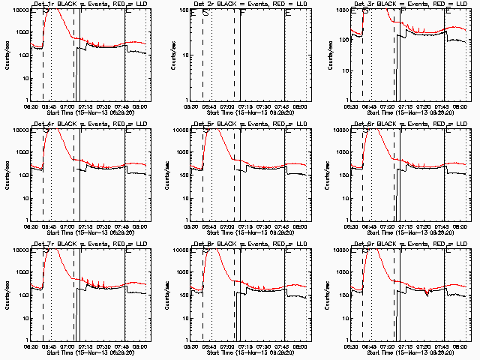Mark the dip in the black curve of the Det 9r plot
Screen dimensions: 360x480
pyautogui.click(x=426, y=293)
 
